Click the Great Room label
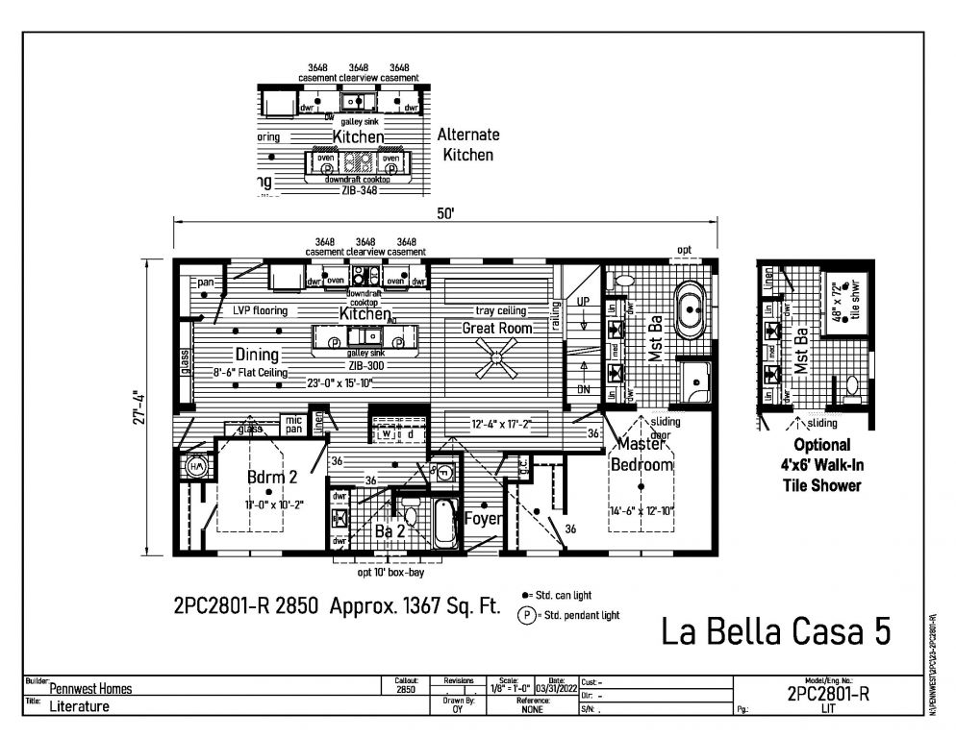click(497, 328)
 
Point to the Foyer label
click(483, 519)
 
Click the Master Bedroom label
click(643, 455)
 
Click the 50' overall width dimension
click(445, 214)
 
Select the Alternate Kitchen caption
click(467, 144)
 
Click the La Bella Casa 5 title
click(775, 632)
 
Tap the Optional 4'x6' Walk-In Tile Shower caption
click(821, 465)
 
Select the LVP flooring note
click(260, 311)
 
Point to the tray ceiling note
click(500, 310)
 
